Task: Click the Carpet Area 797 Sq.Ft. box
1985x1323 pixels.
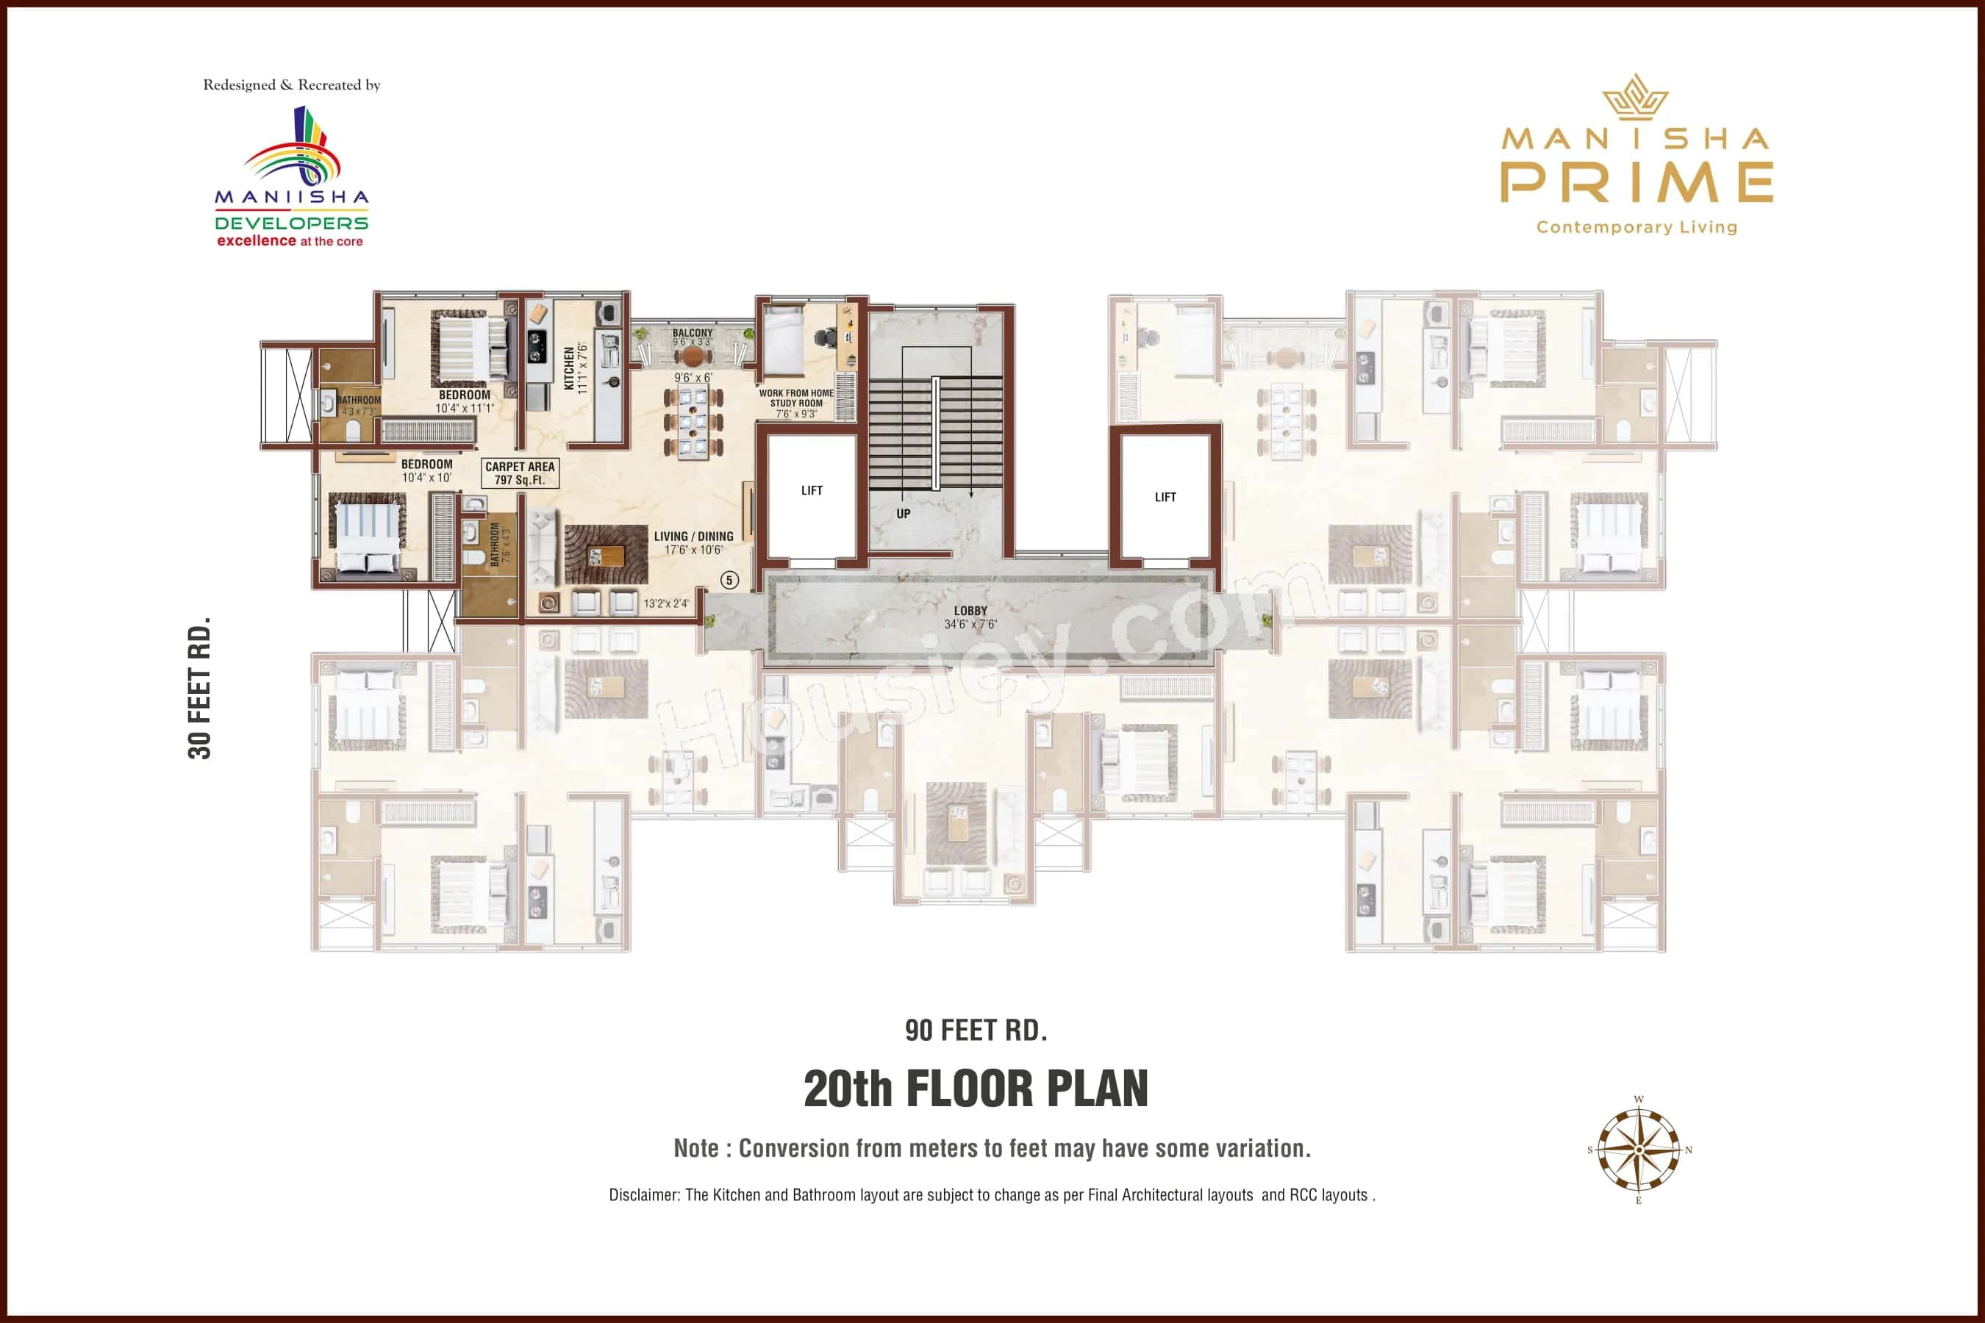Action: tap(520, 473)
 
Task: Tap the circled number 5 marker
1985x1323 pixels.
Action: tap(729, 580)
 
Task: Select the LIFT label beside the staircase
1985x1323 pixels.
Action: tap(811, 490)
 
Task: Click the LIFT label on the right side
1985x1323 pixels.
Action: tap(1165, 497)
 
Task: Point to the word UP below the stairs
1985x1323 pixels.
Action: tap(903, 513)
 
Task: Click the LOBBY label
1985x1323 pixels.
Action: tap(970, 611)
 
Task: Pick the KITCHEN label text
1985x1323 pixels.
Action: tap(569, 368)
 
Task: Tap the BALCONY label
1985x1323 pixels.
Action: tap(692, 333)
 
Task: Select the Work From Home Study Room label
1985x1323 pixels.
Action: tap(796, 398)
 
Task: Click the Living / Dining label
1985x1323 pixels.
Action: tap(693, 537)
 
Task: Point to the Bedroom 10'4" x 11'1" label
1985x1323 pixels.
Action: tap(464, 395)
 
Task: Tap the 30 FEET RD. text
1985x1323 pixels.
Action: tap(199, 688)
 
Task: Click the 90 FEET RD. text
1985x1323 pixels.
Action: tap(976, 1030)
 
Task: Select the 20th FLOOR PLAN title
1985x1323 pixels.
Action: tap(976, 1089)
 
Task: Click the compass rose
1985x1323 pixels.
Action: tap(1638, 1150)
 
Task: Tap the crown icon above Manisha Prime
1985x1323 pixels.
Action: tap(1636, 96)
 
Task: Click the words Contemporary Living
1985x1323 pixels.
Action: tap(1637, 227)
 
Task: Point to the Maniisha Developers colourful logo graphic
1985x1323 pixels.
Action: tap(293, 148)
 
